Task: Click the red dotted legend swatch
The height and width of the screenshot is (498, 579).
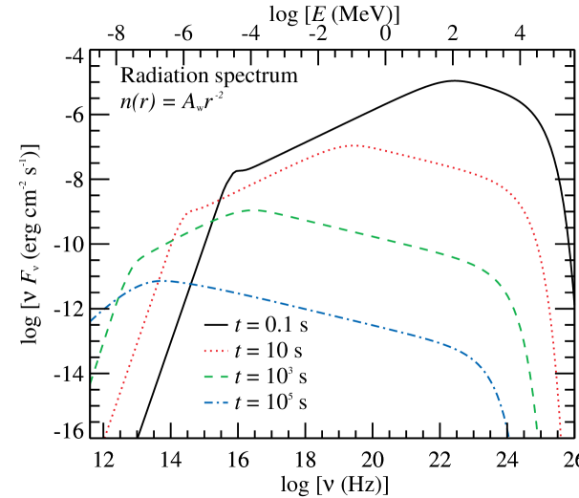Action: [x=216, y=352]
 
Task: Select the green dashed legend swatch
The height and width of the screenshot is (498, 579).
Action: [x=216, y=377]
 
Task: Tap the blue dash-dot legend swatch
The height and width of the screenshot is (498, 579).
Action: [x=216, y=402]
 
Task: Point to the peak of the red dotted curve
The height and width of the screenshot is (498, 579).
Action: [x=355, y=145]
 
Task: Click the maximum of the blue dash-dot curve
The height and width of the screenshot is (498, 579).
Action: [x=164, y=281]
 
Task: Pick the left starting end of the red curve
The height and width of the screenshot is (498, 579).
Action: [x=105, y=435]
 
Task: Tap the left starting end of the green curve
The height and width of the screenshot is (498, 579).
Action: [x=92, y=381]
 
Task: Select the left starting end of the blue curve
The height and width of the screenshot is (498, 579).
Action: [x=92, y=320]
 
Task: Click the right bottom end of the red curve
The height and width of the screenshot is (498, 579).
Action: [x=561, y=436]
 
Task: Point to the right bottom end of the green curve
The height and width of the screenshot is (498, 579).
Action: [x=537, y=430]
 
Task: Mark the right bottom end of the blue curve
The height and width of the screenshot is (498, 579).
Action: [x=509, y=436]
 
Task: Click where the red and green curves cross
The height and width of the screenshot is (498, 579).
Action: [x=171, y=243]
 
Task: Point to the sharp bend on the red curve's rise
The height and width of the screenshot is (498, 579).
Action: [x=187, y=213]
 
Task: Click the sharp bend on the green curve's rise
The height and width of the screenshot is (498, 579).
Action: [x=133, y=268]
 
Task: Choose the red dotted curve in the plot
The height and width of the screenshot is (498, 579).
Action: [x=430, y=162]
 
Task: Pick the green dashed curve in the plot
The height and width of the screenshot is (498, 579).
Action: [x=382, y=238]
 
